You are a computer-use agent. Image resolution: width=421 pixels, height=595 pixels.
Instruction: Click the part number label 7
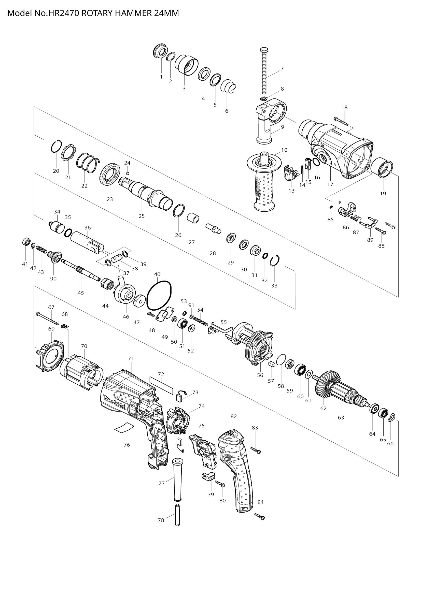282,68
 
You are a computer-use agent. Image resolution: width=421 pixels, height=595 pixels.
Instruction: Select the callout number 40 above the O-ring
157,274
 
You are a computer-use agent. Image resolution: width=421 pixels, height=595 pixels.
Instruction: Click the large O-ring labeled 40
159,296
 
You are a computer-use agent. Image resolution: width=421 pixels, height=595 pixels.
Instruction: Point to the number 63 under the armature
341,418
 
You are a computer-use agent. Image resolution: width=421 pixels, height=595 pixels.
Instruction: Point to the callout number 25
142,216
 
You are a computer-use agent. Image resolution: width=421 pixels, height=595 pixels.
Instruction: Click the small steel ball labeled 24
128,173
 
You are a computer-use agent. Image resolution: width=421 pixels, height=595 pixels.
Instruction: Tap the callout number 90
53,279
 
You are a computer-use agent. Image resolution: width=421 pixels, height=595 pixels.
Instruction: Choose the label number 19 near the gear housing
383,193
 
